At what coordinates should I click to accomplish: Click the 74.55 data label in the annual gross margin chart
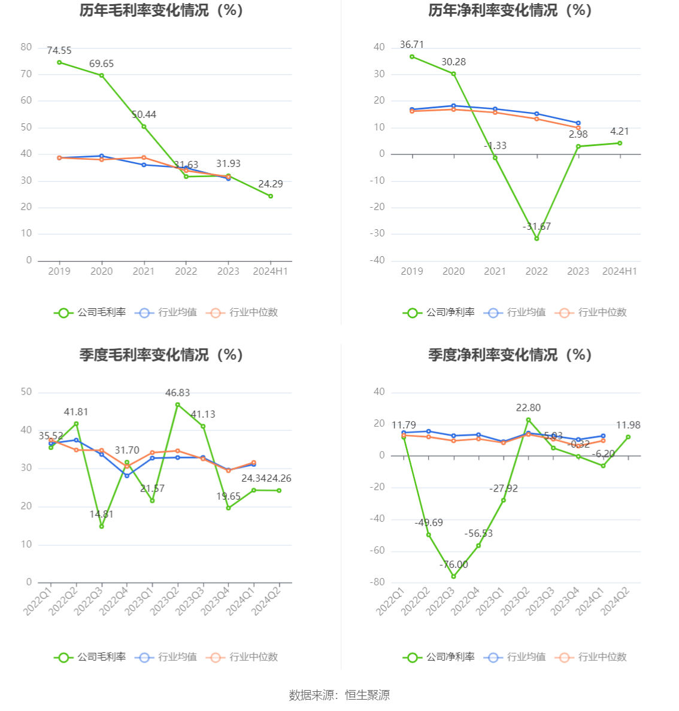59,51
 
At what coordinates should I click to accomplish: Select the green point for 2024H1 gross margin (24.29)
271,196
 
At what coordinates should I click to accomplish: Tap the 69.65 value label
101,64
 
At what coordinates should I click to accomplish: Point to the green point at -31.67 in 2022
536,239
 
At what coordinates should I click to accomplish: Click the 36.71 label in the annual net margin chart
412,45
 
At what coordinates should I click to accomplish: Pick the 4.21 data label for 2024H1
620,132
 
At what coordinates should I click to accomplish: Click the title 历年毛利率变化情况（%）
162,11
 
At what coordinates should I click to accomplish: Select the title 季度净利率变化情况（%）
510,355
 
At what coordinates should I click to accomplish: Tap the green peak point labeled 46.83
178,405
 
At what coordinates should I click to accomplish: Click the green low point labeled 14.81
102,526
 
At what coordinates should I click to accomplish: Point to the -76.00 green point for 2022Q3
453,576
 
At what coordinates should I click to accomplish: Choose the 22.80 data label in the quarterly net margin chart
528,408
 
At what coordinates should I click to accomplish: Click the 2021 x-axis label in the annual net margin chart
495,272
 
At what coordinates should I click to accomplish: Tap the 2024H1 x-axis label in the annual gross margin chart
270,272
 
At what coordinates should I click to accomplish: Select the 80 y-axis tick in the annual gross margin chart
26,47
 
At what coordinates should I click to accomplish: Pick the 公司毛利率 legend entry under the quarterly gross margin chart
90,657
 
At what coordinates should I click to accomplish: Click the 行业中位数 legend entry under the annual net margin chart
592,312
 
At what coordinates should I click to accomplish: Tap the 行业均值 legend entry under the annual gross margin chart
166,312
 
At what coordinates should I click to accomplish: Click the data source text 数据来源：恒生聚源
339,695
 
